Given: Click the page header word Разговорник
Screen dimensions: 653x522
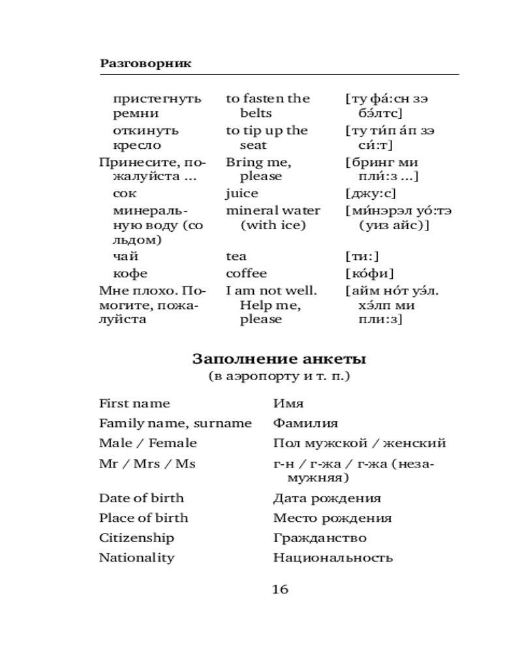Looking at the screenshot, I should tap(146, 63).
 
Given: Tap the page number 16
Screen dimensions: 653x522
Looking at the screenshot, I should tap(279, 589).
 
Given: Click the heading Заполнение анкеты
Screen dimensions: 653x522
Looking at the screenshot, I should tap(279, 359).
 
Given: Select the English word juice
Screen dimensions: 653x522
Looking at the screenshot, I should tap(241, 193).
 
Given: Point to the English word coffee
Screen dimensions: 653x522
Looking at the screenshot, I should tap(246, 273).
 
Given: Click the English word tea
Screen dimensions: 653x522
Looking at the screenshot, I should tap(236, 257).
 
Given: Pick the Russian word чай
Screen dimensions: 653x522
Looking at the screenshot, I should tap(125, 257).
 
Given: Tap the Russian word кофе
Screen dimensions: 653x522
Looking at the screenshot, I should tap(130, 273).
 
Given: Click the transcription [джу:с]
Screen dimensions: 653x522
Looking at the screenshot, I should tap(371, 193).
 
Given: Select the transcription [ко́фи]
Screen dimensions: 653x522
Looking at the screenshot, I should tap(369, 273).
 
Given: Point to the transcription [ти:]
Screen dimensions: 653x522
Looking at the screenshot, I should tap(361, 257).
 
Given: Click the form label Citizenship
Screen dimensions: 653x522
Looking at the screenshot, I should tap(136, 537).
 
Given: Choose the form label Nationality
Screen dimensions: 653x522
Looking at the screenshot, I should tap(136, 558).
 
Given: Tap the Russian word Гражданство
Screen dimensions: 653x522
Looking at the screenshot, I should tap(320, 538).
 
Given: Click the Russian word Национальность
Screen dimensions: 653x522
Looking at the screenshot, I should tap(333, 558).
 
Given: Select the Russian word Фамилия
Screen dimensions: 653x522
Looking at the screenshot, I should tap(305, 423).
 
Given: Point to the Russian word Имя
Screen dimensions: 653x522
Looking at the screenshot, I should tap(288, 404).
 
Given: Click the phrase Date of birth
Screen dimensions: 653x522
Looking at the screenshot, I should tap(141, 498).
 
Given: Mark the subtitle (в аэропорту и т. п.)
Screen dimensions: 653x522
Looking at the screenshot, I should tap(279, 377).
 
